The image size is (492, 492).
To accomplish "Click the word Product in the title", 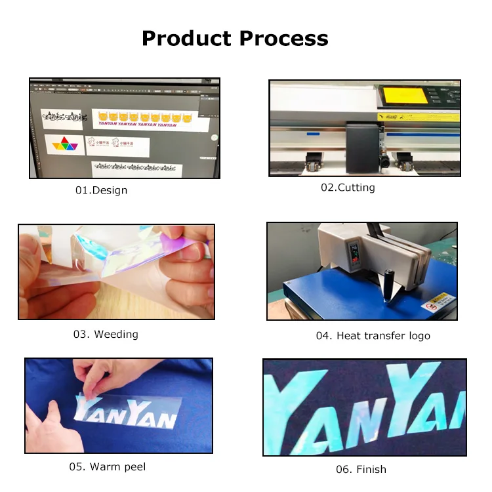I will pos(187,38).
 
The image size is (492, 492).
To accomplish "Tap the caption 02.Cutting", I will pos(348,188).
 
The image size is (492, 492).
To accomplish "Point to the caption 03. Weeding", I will pos(106,335).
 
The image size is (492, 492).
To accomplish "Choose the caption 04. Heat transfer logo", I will pos(373,336).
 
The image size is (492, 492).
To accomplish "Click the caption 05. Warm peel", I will pos(108,467).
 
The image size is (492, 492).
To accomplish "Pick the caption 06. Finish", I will pos(361,469).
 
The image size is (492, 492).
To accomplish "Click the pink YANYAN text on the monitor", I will pos(137,123).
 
